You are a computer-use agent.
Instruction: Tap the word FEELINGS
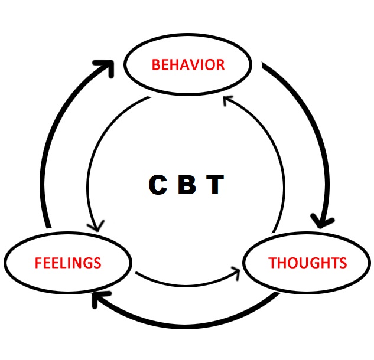(68, 263)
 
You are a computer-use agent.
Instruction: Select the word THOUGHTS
(307, 263)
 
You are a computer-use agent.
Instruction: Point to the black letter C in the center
(158, 185)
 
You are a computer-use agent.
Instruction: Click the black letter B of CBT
(187, 185)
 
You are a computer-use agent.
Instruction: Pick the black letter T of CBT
(214, 185)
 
